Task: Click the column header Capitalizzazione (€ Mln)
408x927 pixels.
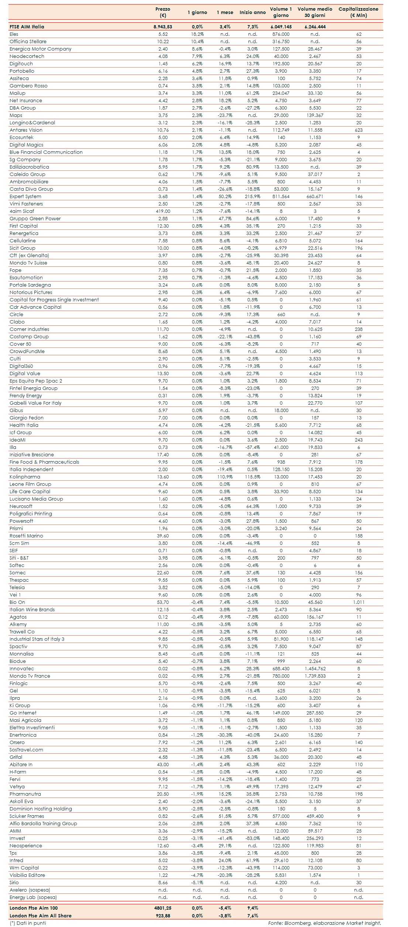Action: (358, 12)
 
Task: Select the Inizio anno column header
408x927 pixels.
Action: (253, 12)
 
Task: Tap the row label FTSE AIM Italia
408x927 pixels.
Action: (27, 27)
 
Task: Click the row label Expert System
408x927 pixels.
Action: (25, 196)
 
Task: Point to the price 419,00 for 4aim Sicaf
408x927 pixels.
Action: (163, 211)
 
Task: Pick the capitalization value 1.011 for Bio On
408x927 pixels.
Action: (359, 602)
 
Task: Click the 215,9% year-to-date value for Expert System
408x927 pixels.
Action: (253, 196)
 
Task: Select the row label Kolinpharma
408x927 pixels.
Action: (25, 477)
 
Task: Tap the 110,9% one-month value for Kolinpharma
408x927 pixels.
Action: (225, 477)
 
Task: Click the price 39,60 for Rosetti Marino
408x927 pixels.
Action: (163, 536)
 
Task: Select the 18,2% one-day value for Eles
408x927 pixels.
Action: (197, 34)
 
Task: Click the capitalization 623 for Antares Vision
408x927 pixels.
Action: (359, 130)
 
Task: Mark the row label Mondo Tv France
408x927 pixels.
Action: (30, 676)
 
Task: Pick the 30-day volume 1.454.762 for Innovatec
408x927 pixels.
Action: (315, 668)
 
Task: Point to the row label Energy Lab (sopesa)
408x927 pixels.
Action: (33, 897)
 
